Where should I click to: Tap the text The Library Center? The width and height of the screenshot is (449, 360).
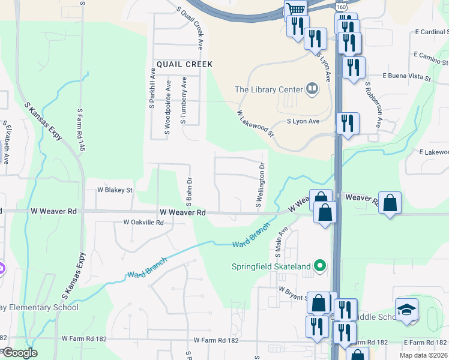[268, 89]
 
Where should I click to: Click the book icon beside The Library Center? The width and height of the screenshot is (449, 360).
[312, 89]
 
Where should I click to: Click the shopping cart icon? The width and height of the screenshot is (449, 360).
[295, 9]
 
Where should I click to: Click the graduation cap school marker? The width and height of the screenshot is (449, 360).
[407, 310]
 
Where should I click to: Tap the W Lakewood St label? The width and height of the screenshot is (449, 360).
[255, 122]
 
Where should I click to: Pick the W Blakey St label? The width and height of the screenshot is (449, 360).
[115, 190]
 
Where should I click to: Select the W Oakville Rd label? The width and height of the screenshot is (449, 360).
[143, 222]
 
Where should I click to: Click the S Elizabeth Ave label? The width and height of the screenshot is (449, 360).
[7, 144]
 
